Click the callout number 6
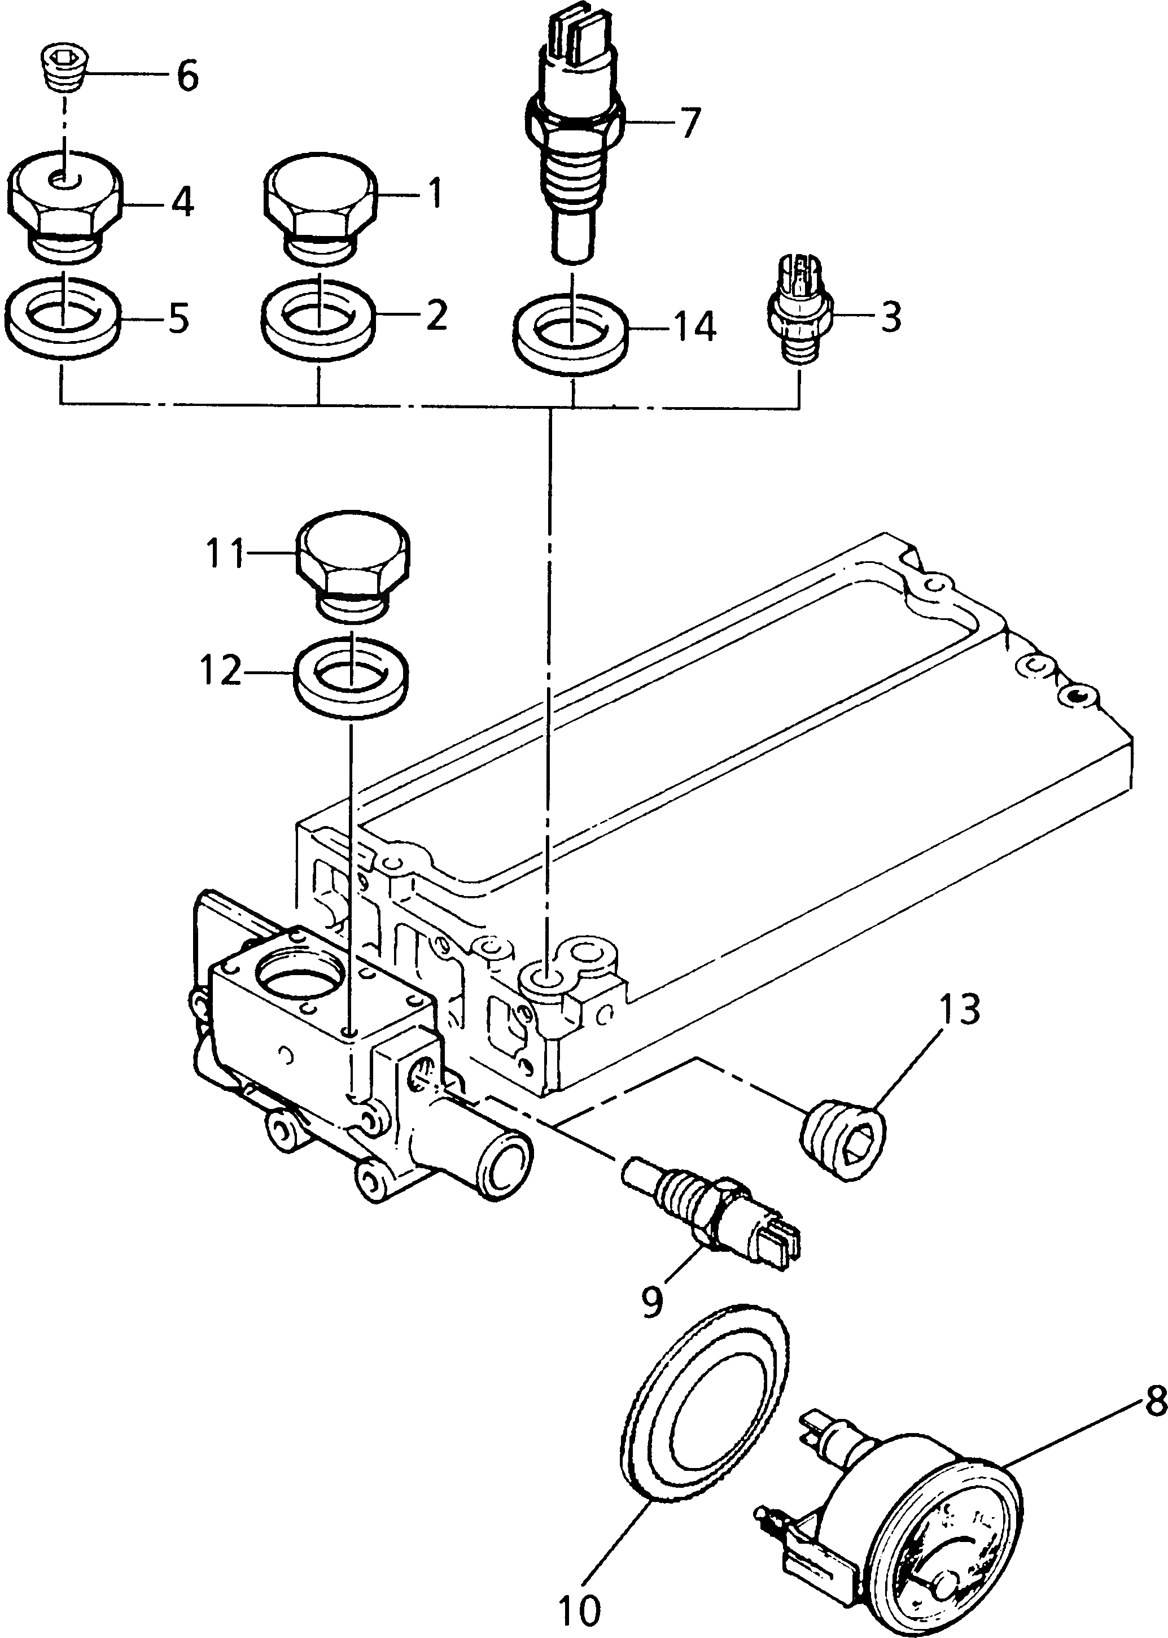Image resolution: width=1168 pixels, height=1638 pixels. pyautogui.click(x=187, y=76)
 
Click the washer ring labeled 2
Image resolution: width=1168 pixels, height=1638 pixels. pyautogui.click(x=317, y=317)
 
